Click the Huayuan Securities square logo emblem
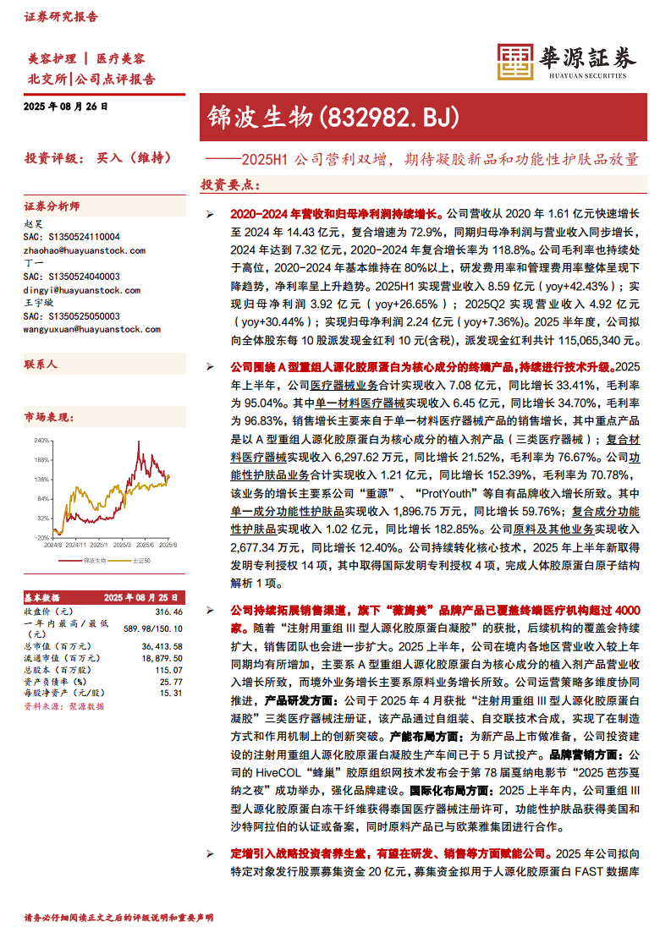512,62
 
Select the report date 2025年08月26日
66,107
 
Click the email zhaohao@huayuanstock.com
84,250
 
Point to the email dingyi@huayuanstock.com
81,289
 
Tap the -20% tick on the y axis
41,537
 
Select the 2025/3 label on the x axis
122,546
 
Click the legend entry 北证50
140,560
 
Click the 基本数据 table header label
42,597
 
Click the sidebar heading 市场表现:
49,417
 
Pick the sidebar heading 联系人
41,363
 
